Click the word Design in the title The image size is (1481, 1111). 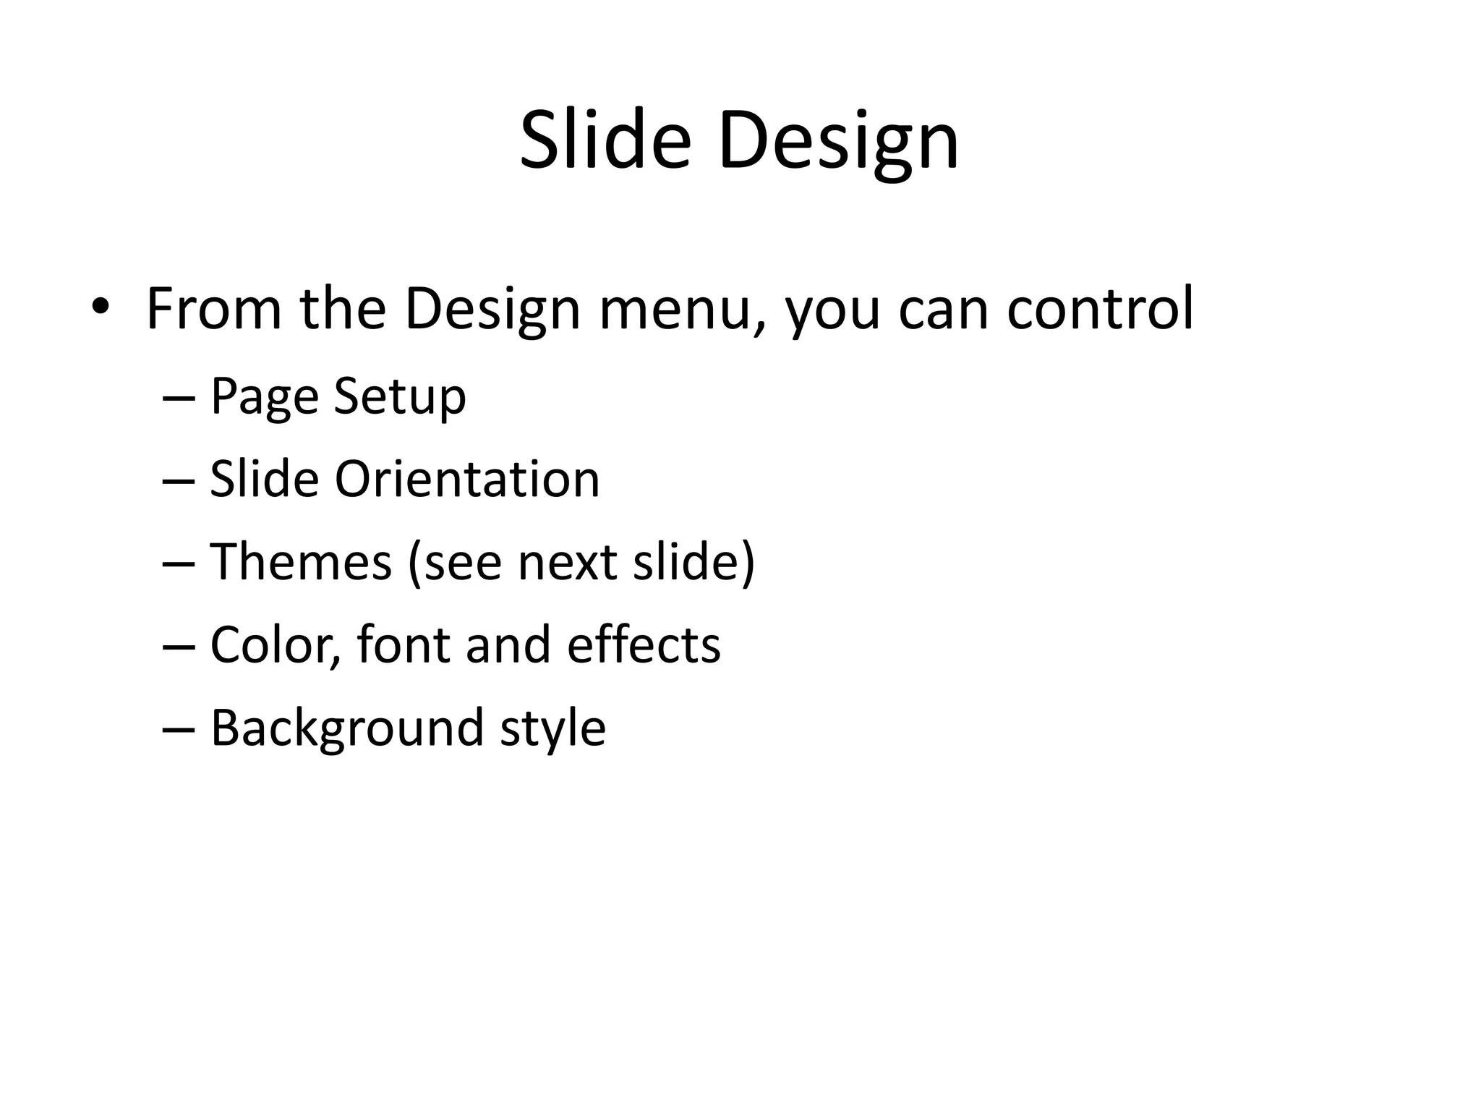point(838,141)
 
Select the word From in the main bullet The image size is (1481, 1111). point(214,309)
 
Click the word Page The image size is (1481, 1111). point(264,397)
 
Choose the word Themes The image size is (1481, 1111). point(300,562)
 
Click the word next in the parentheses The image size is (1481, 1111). point(567,562)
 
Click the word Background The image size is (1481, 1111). point(346,728)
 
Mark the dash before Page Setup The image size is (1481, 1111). point(179,399)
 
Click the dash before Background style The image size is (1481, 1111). point(179,729)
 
